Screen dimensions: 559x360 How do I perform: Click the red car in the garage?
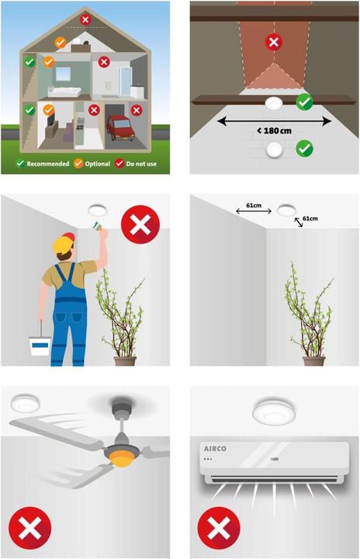click(x=119, y=127)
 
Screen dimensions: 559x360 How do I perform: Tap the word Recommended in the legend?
click(x=47, y=164)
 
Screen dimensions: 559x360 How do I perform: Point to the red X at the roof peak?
click(x=85, y=19)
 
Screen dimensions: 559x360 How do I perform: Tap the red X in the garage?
click(x=137, y=110)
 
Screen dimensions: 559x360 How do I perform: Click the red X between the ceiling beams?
click(x=273, y=42)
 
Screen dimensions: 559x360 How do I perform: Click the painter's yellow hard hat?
click(x=63, y=245)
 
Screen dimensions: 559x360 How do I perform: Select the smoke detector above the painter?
click(x=98, y=209)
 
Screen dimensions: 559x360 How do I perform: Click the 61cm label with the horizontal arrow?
click(x=253, y=207)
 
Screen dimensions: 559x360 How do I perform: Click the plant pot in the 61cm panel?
click(x=313, y=360)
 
